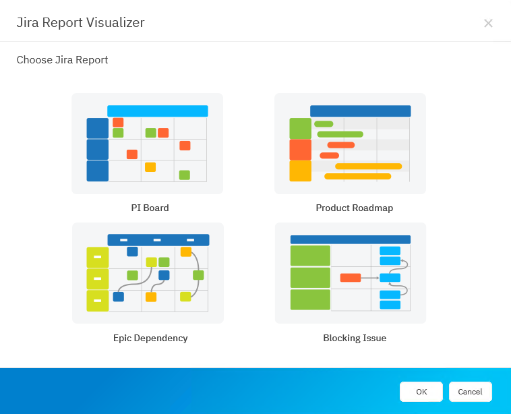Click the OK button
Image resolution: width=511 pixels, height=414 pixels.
(x=421, y=392)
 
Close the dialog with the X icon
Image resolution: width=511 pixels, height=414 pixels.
(x=488, y=24)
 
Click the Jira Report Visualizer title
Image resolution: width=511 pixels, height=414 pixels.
(x=80, y=23)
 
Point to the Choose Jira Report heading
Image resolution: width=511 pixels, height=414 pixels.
(x=62, y=60)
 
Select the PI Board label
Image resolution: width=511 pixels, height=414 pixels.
(x=150, y=208)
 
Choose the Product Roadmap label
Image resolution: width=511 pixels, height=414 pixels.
(x=354, y=208)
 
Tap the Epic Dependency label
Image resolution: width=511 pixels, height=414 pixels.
(x=150, y=338)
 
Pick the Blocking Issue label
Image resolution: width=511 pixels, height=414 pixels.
(x=355, y=338)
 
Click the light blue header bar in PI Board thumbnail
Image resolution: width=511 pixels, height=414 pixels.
(x=157, y=111)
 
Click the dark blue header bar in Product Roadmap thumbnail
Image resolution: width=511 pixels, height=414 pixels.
(x=360, y=111)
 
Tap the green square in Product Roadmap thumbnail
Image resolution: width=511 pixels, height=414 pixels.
(x=300, y=128)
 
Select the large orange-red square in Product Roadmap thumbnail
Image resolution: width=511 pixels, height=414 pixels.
(x=300, y=150)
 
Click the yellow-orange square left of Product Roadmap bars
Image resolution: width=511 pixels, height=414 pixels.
(x=300, y=171)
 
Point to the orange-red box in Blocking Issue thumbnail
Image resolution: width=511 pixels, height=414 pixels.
(x=350, y=277)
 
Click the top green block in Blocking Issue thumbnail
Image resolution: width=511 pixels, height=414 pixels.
(x=310, y=256)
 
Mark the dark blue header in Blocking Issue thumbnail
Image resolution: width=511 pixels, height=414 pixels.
(x=350, y=239)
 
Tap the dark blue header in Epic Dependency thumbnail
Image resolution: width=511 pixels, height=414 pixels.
(x=158, y=239)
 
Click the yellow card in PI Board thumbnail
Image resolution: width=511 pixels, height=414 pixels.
(x=150, y=167)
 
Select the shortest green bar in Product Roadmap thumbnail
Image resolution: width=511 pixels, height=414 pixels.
(x=324, y=124)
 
